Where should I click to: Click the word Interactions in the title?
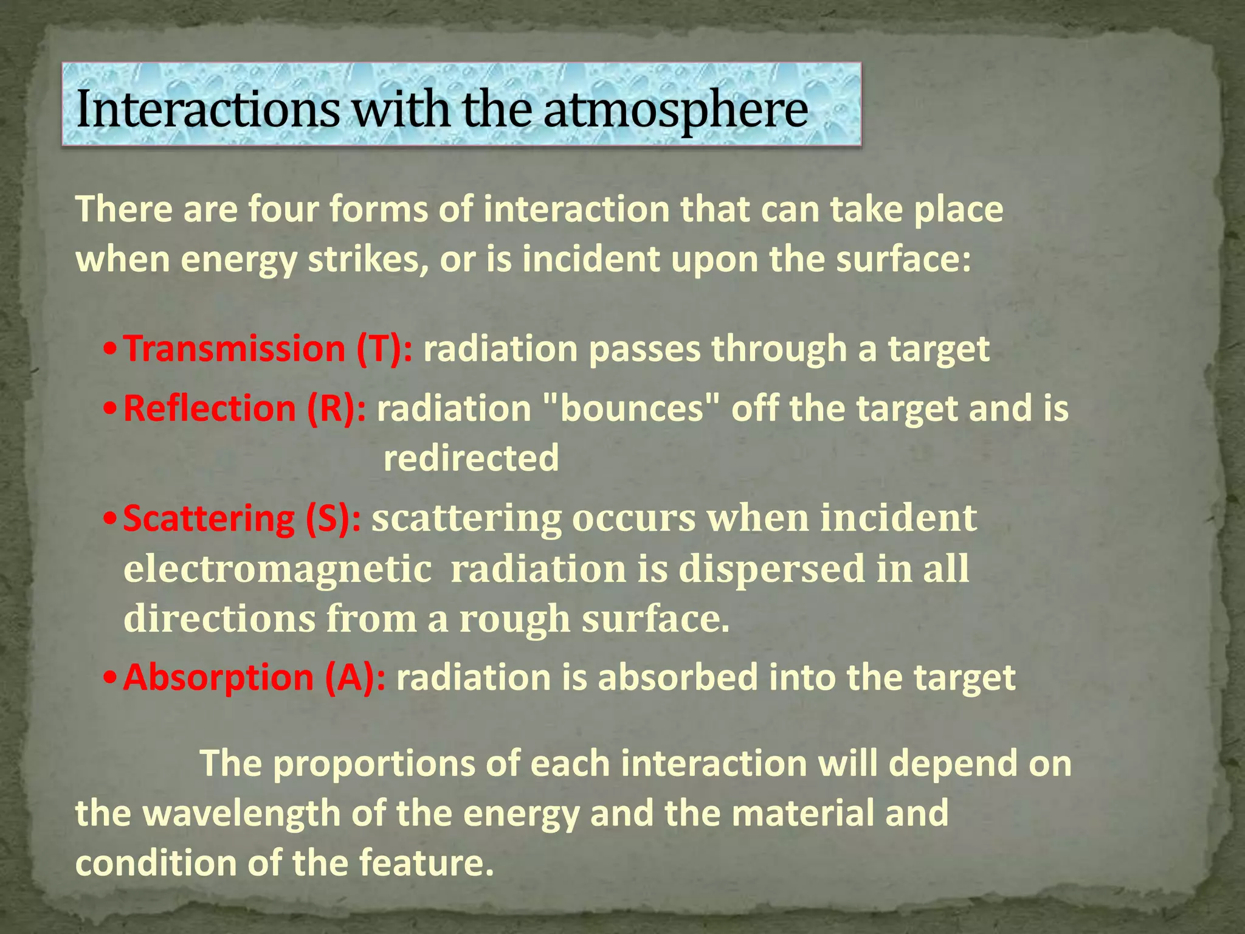(x=207, y=109)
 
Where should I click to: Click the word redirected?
(x=471, y=458)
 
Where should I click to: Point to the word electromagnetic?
(x=278, y=570)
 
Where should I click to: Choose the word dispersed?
(x=771, y=570)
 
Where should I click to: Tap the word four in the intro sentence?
(x=283, y=210)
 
